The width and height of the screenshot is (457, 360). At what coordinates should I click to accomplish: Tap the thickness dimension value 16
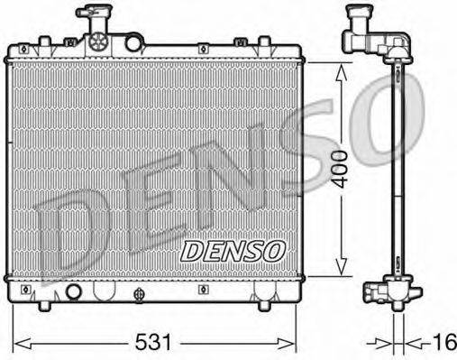[x=443, y=344]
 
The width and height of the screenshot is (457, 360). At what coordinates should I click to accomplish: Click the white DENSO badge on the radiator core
[x=233, y=249]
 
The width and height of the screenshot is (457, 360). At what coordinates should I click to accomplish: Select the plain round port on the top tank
[x=133, y=42]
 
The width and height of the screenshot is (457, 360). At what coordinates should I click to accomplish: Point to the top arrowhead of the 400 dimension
[x=340, y=69]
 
